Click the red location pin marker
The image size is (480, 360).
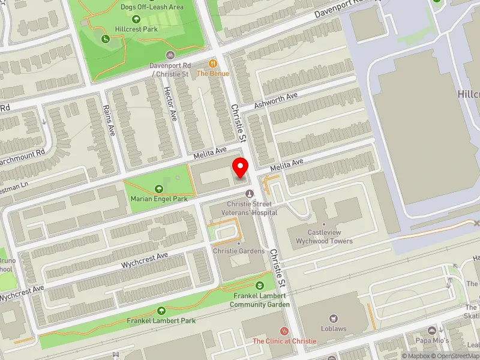coord(241,167)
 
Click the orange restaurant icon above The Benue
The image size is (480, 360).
coord(212,63)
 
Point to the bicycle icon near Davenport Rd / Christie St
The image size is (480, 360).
coord(170,54)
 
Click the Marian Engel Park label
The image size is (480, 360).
coord(158,198)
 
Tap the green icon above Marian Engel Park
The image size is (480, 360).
coord(158,188)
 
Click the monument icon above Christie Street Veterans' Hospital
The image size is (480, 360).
coord(249,193)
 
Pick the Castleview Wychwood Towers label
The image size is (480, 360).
coord(323,236)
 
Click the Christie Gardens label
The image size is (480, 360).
coord(238,251)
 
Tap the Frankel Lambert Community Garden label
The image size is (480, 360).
coord(260,300)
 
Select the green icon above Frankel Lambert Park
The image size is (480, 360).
coord(161,310)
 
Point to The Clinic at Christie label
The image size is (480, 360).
coord(284,341)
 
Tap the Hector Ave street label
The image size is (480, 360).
coord(170,103)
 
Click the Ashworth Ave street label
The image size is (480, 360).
coord(275,100)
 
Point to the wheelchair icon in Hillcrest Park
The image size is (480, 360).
coord(106,40)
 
